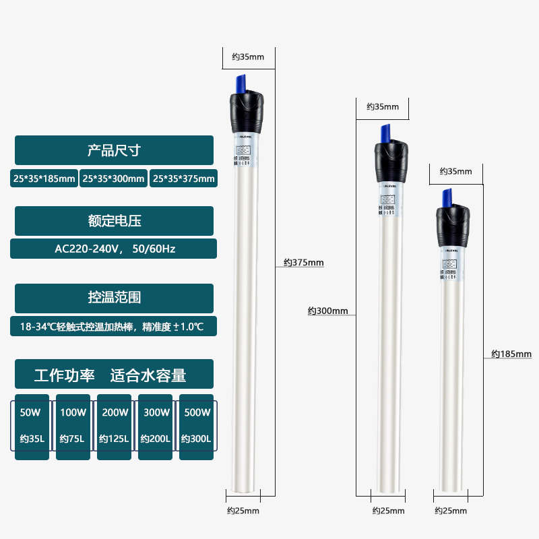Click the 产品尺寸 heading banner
114,150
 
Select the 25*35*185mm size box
44,179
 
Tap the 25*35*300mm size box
113,179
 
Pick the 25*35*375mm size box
183,179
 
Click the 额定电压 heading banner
114,221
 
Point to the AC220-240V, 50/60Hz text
114,249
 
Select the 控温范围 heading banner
114,298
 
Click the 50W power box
32,426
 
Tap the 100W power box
73,426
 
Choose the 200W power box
114,426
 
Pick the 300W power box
155,426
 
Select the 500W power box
196,426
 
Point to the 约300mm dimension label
328,311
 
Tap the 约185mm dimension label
511,353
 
